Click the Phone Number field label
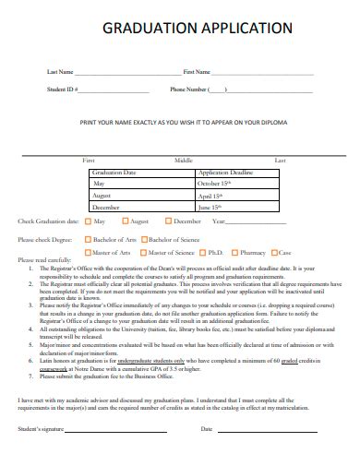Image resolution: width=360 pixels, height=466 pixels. click(189, 90)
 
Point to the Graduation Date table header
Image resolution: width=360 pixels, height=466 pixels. click(116, 173)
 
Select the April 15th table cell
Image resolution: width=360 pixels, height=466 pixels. click(210, 197)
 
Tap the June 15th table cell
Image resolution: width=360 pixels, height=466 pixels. click(210, 209)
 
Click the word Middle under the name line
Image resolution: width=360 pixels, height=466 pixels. click(183, 161)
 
